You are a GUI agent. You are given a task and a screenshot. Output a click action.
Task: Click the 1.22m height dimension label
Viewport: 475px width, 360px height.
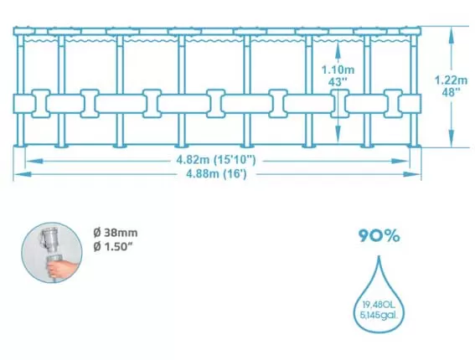(x=451, y=80)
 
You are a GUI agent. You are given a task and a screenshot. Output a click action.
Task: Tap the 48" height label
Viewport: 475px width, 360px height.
(x=451, y=92)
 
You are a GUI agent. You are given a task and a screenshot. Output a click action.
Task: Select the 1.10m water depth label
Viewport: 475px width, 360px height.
(x=338, y=70)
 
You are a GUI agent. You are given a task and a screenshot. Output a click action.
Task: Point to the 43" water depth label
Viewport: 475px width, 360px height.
(x=338, y=82)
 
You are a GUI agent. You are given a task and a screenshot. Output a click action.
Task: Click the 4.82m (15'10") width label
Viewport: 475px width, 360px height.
(x=216, y=160)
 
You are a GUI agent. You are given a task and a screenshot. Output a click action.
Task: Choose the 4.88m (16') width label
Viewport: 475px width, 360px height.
(x=216, y=174)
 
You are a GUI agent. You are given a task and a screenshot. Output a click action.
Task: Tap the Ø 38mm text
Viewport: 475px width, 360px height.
(x=116, y=233)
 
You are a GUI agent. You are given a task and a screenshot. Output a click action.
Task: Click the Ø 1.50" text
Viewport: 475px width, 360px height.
(x=113, y=246)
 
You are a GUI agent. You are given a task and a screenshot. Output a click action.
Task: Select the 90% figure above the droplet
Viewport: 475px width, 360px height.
(x=379, y=235)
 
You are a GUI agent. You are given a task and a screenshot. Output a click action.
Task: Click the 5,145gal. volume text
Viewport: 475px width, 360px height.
(x=379, y=315)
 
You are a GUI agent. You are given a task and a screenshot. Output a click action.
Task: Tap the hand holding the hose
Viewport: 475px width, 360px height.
(x=62, y=268)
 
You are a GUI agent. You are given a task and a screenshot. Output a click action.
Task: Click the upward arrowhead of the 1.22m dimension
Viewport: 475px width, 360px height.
(x=452, y=34)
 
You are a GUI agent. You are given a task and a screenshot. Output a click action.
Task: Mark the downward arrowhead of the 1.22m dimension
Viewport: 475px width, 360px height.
(x=452, y=138)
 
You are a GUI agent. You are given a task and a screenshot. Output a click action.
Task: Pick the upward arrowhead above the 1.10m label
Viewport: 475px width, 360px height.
(x=338, y=50)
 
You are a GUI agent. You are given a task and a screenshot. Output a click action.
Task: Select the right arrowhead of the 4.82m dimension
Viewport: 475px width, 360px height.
(x=400, y=161)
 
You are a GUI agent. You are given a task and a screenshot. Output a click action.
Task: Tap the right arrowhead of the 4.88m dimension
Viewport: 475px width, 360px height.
(x=412, y=174)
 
